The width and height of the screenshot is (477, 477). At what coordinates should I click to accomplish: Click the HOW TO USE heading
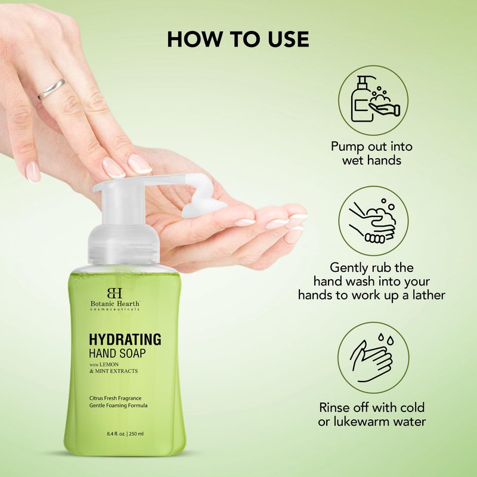click(238, 39)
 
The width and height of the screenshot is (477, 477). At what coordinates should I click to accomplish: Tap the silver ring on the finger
click(52, 89)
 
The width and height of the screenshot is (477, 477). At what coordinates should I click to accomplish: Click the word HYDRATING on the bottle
click(125, 339)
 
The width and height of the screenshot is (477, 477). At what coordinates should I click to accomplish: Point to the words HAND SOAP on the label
click(117, 353)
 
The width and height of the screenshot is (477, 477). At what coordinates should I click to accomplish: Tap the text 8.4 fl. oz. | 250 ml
click(125, 434)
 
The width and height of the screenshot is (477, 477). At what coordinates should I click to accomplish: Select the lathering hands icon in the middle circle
click(373, 221)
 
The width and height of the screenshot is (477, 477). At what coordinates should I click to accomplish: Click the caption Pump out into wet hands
click(371, 153)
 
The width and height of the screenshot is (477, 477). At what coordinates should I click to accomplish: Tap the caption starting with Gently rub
click(371, 281)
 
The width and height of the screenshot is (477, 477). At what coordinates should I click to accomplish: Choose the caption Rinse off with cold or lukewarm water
click(371, 414)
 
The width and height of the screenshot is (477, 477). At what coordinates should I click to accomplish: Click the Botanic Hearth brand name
click(115, 303)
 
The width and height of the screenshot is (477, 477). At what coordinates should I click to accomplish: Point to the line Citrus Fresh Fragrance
click(115, 398)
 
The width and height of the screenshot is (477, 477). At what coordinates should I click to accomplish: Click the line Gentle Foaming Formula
click(118, 405)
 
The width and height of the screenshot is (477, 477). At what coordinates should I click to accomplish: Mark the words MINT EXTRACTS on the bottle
click(116, 371)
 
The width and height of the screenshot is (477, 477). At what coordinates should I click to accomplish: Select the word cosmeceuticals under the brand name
click(115, 309)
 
